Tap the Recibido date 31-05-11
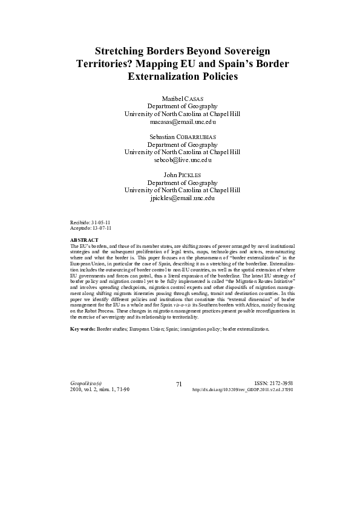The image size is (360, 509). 101,223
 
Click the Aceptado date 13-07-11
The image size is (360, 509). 102,229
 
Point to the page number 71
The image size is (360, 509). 179,384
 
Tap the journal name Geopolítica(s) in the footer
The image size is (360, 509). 86,383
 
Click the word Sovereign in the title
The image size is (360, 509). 241,50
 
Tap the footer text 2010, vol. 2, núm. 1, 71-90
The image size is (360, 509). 100,390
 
